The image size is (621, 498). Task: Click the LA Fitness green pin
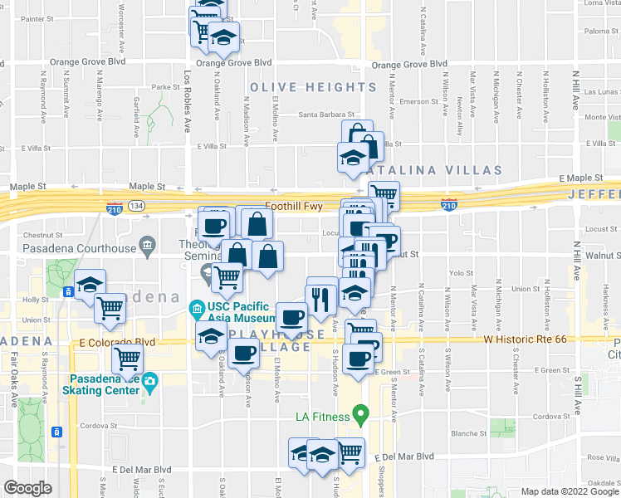click(x=361, y=412)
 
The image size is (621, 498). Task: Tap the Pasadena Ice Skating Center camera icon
click(x=149, y=383)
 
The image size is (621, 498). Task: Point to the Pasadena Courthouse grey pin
click(x=148, y=245)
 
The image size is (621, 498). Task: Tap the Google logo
click(x=27, y=488)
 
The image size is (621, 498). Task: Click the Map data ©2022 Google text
click(x=569, y=491)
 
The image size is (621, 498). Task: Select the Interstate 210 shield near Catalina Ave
click(x=449, y=204)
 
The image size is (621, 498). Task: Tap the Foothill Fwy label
click(x=292, y=205)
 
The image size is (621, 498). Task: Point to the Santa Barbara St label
click(x=327, y=115)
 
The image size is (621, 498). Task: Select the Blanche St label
click(x=469, y=433)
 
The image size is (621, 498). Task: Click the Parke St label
click(x=166, y=86)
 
